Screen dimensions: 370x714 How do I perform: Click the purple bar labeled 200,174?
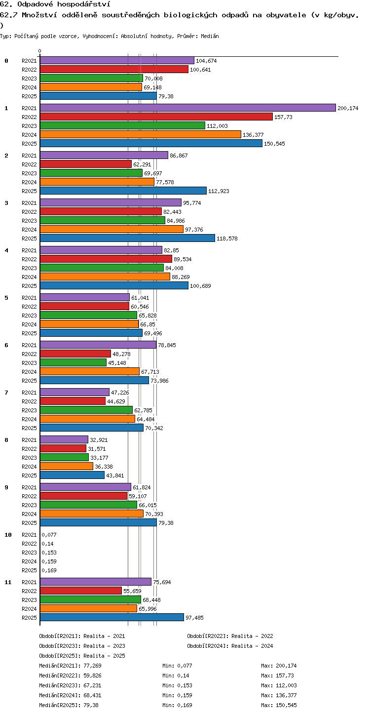coord(188,108)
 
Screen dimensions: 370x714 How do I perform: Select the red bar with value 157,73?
coord(156,117)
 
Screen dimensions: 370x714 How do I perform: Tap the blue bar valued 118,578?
coord(127,238)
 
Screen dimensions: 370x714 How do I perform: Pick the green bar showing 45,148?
coord(73,362)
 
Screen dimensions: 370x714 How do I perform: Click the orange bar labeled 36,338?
coord(67,466)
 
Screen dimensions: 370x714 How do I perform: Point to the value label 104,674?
coord(206,61)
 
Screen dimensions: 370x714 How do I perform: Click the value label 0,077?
coord(49,535)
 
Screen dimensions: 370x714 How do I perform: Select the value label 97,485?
coord(194,617)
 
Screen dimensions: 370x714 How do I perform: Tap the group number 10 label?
coord(8,535)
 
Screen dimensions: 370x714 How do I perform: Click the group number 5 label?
coord(6,297)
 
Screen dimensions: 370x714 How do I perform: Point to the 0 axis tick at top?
coord(40,51)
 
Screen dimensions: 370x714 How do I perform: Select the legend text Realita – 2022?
coord(252,635)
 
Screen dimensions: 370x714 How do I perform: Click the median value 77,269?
coord(92,665)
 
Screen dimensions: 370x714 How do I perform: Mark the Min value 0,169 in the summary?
coord(185,705)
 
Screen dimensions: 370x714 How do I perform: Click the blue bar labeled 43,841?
coord(73,475)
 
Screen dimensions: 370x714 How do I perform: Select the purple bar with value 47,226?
coord(74,392)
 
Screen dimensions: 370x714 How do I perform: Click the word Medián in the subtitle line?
coord(210,36)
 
